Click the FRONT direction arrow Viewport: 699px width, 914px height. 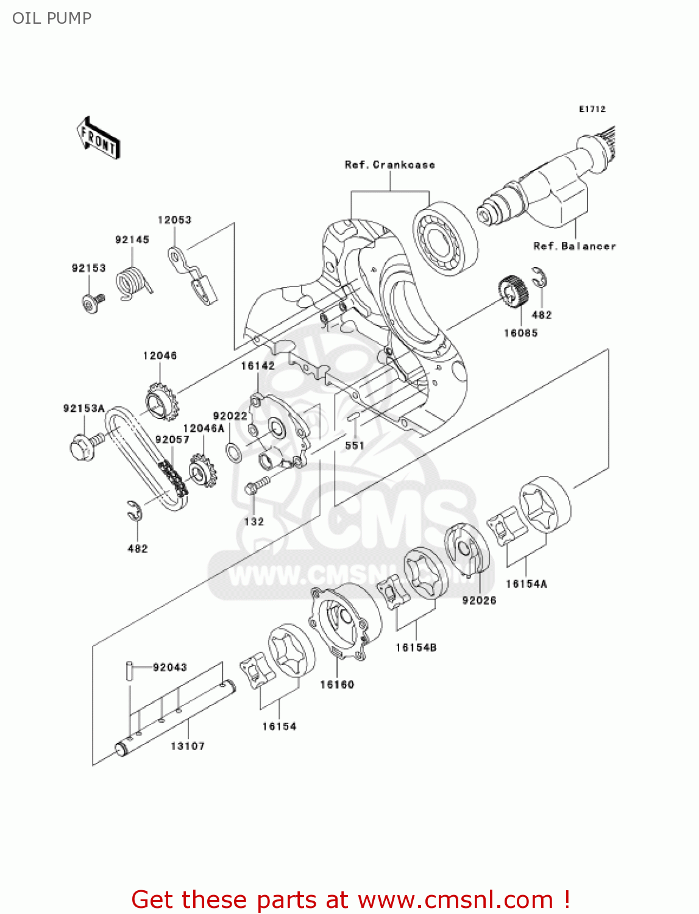click(98, 138)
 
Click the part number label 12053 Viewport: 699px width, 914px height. click(174, 220)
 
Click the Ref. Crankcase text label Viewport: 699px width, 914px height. click(390, 165)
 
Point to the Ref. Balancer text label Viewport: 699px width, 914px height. click(575, 246)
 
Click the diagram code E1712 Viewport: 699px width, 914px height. click(592, 109)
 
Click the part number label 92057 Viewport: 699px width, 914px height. click(172, 439)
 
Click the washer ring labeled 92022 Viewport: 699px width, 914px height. click(233, 453)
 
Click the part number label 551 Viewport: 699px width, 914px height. click(355, 445)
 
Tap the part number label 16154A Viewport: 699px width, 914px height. click(527, 584)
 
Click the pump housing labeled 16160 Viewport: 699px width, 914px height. click(344, 620)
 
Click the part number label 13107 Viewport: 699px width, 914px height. click(188, 746)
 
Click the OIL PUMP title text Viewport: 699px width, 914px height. click(52, 18)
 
